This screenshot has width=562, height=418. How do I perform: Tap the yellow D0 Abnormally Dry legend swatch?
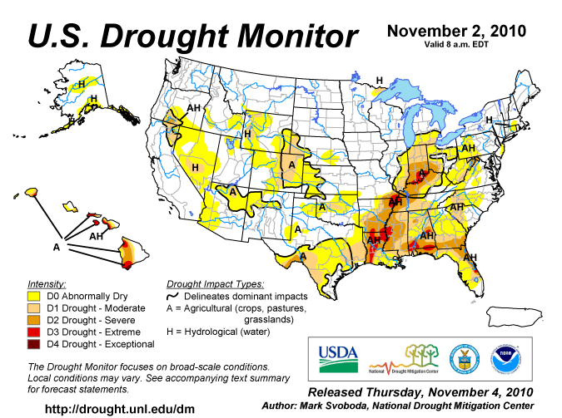(x=34, y=296)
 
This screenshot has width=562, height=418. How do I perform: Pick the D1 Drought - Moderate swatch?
(x=34, y=307)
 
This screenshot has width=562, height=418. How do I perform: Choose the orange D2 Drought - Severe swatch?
(x=34, y=319)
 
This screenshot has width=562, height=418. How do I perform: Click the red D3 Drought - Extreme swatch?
(x=34, y=332)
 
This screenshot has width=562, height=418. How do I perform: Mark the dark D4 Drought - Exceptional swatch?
(x=34, y=343)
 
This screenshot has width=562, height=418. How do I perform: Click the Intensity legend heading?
(x=47, y=283)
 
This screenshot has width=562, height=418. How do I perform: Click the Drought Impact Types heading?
(x=215, y=283)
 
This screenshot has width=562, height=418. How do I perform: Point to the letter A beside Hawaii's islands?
(x=57, y=247)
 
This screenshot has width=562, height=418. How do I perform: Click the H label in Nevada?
(x=195, y=168)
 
